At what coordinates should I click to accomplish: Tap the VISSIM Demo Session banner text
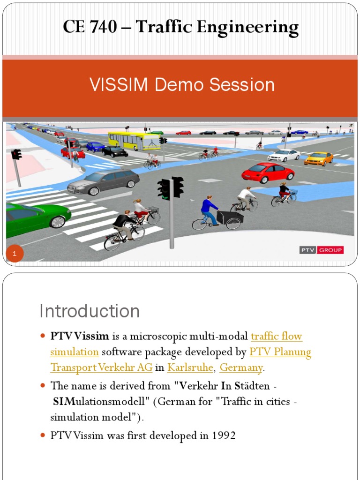(182, 85)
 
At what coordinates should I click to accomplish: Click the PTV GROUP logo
(321, 250)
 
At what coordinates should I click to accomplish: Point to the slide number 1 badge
(15, 254)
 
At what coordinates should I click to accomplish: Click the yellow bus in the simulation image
(134, 140)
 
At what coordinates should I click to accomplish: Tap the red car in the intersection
(268, 172)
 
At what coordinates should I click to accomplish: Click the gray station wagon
(104, 181)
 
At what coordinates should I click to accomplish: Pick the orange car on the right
(319, 158)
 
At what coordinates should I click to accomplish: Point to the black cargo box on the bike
(231, 216)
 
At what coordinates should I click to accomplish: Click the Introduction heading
(90, 311)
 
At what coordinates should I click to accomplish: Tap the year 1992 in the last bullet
(223, 436)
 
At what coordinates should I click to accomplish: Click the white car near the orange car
(284, 155)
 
